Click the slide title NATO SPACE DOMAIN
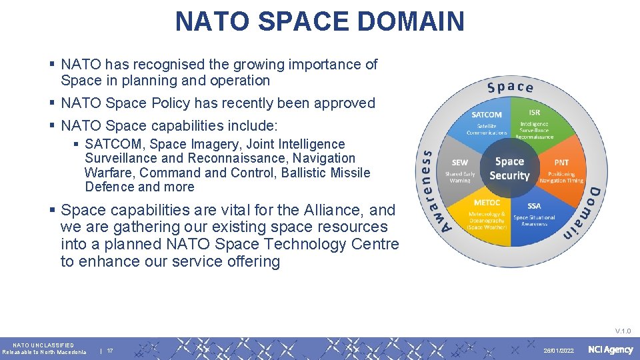pos(319,21)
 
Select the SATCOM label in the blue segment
pos(487,115)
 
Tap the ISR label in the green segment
pos(535,113)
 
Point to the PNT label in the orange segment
pos(561,163)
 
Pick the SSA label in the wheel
pos(534,206)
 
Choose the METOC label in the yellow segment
pos(487,203)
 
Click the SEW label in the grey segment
pos(460,163)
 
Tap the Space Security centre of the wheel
pos(509,169)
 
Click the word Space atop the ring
pos(511,87)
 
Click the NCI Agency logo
pos(610,350)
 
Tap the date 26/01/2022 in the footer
pos(559,351)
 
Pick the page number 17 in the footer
pos(110,351)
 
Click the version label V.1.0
pos(623,331)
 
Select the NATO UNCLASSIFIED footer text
pos(43,345)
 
